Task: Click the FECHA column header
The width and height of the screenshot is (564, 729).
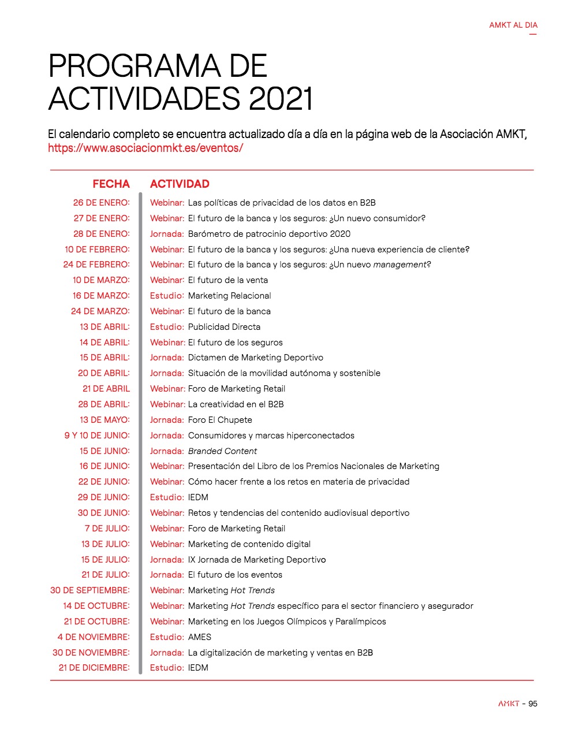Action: click(x=111, y=184)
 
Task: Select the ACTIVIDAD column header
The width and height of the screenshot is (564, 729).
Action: click(x=180, y=184)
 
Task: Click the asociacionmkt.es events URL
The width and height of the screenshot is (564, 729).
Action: click(x=145, y=148)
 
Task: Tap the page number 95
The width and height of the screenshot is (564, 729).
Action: click(x=533, y=704)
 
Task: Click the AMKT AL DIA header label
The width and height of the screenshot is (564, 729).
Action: click(x=513, y=25)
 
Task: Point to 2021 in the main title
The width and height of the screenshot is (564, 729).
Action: click(x=281, y=98)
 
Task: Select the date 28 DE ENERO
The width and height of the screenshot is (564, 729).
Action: click(x=101, y=234)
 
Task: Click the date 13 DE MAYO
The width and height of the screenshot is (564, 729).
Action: click(x=104, y=420)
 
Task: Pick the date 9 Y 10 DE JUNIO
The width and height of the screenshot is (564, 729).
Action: click(x=97, y=436)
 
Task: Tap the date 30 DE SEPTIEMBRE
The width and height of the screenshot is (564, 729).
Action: click(x=89, y=590)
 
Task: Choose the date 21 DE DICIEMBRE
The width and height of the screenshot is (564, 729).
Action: click(x=94, y=668)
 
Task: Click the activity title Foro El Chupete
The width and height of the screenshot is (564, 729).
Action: click(x=220, y=420)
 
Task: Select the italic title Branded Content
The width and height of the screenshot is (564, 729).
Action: click(x=222, y=451)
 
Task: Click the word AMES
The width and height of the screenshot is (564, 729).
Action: click(x=200, y=637)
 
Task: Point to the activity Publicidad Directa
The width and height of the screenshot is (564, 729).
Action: click(x=224, y=327)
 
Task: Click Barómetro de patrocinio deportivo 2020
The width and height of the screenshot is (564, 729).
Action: click(x=269, y=234)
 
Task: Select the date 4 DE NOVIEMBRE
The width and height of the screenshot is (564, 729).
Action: click(x=94, y=637)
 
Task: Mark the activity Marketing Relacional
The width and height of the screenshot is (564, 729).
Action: click(x=229, y=296)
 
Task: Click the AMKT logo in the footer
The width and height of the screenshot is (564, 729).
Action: click(x=509, y=704)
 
